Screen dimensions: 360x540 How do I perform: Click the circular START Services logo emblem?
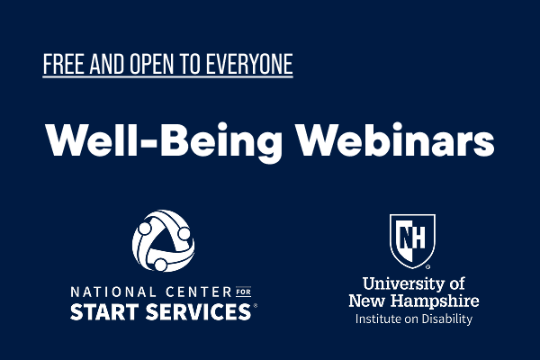[163, 240]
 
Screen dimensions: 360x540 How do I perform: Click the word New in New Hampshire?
[367, 300]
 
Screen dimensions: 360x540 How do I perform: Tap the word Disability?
[447, 319]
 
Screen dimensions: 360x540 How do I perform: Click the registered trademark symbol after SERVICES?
[256, 308]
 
